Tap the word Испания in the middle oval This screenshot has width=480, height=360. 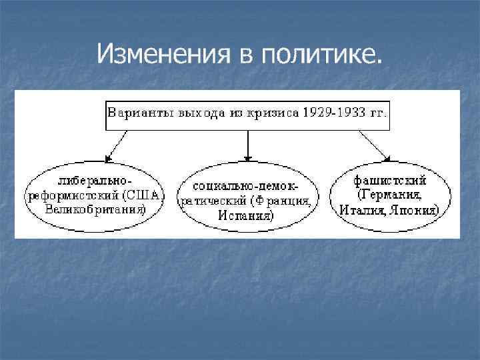tap(246, 215)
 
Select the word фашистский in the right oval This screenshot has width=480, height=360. tap(391, 181)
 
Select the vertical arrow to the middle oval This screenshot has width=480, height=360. tap(248, 145)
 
